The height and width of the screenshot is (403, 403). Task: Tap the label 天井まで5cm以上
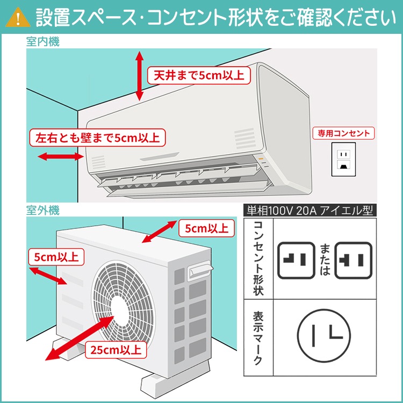[198, 75]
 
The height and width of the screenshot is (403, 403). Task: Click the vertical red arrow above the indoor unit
[140, 75]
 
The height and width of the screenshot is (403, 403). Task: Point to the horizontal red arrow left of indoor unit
[60, 157]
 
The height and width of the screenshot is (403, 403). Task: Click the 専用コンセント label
[344, 133]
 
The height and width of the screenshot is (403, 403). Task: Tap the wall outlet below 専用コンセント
[342, 159]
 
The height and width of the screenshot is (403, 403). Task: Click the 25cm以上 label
[117, 350]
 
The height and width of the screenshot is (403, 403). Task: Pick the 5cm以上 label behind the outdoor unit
[206, 228]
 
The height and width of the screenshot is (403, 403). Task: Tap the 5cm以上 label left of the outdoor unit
[56, 257]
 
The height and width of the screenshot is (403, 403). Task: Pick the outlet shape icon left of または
[296, 261]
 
